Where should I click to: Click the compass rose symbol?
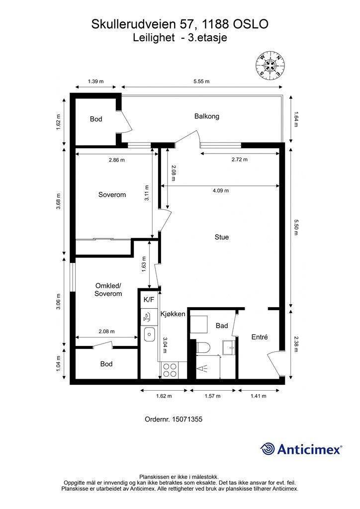tap(270, 65)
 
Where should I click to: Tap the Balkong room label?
tap(207, 116)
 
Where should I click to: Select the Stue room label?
tap(222, 237)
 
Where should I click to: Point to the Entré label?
tap(260, 338)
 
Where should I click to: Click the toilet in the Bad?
tap(203, 347)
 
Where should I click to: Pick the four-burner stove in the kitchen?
tap(170, 370)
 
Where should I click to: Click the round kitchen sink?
tap(149, 334)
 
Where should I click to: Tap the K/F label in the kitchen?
tap(149, 300)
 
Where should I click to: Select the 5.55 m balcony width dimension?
tap(201, 82)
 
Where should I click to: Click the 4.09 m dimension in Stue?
tap(221, 191)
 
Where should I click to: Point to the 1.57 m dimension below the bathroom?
tap(213, 396)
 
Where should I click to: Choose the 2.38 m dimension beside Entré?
tap(296, 344)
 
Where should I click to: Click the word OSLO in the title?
tap(251, 24)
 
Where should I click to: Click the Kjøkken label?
tap(173, 314)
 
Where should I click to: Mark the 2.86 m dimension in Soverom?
tap(116, 160)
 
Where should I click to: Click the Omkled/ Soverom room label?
tap(108, 290)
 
